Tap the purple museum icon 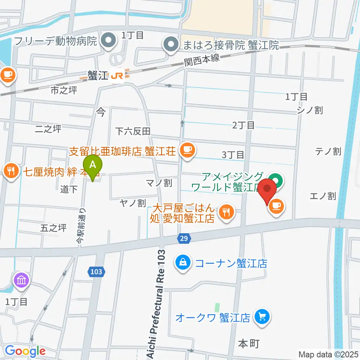pos(20,280)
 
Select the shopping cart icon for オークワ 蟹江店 pos(261,318)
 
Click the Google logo pos(25,351)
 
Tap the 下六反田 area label pos(133,131)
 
